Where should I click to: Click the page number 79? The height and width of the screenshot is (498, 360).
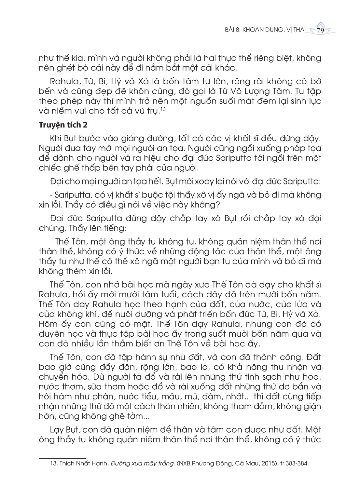[x=320, y=31]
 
